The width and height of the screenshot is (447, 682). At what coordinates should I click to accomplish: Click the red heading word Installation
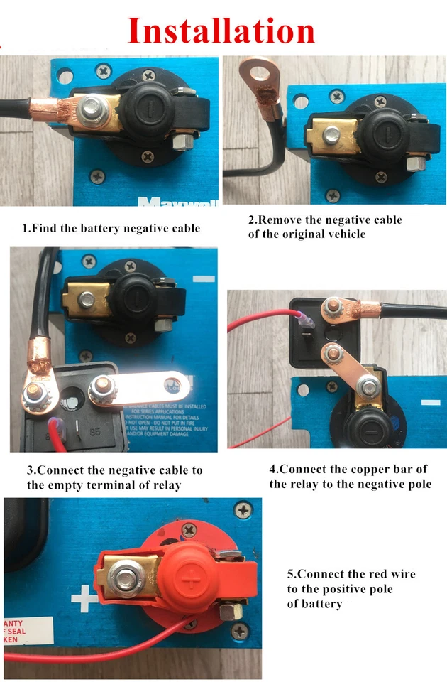tap(221, 31)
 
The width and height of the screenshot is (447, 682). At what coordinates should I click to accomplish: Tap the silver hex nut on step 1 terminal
tap(93, 109)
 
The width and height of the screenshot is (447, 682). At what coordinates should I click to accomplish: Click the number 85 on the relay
tap(94, 431)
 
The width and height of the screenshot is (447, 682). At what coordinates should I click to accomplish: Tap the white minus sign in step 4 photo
tap(431, 402)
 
